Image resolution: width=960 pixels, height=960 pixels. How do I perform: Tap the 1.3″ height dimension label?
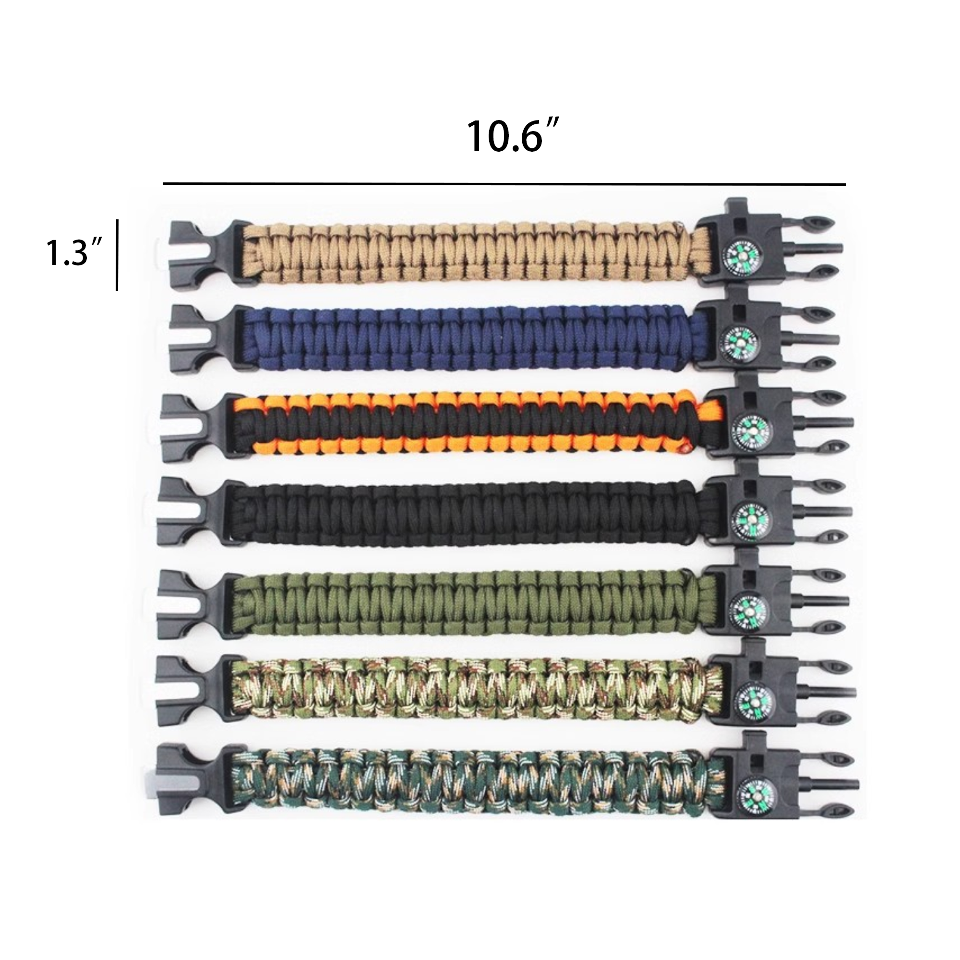[75, 253]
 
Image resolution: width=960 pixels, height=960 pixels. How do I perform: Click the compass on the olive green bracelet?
[750, 608]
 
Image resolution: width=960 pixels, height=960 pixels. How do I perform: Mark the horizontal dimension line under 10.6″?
[504, 184]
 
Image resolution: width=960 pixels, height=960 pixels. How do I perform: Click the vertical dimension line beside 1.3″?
[117, 254]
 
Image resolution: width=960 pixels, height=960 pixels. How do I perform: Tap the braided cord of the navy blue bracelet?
[472, 338]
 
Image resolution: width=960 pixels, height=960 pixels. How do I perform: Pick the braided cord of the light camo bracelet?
[475, 692]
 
